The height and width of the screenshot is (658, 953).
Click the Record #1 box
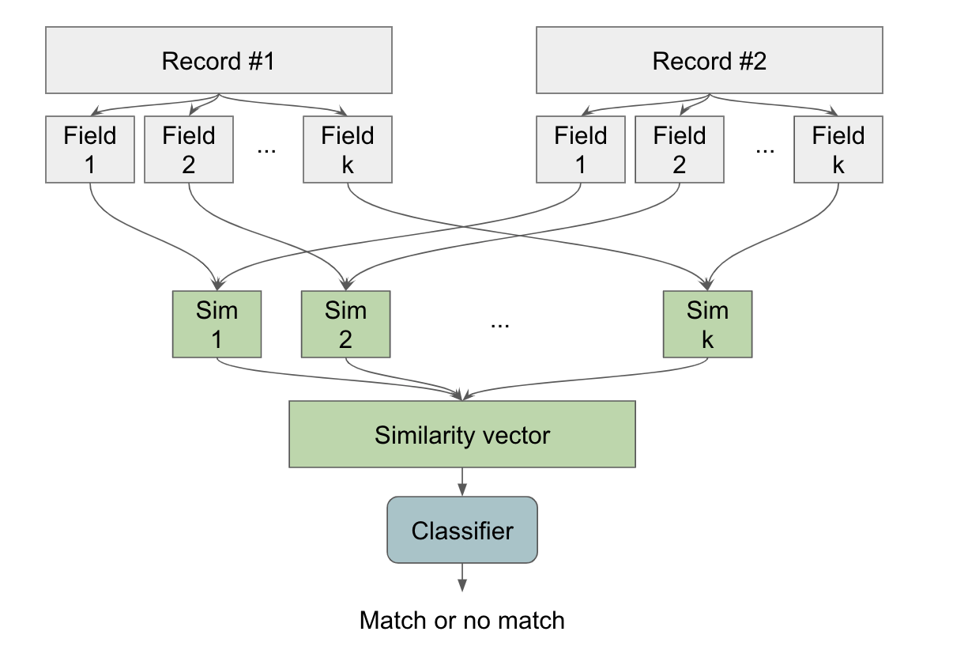coord(219,61)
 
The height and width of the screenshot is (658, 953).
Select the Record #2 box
coord(709,61)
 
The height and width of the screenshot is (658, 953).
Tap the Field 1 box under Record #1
coord(89,149)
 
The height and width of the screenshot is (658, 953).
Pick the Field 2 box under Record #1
coord(189,149)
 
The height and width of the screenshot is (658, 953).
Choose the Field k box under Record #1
coord(348,149)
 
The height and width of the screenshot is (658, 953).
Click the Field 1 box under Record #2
coord(580,149)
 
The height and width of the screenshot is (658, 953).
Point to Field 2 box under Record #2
coord(680,149)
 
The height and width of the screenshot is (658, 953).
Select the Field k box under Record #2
coord(838,149)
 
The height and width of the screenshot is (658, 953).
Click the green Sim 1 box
coord(217,323)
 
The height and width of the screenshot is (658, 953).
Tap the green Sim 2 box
coord(345,323)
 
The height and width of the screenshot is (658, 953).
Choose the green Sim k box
coord(707,323)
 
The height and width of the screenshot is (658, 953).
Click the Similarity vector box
coord(462,434)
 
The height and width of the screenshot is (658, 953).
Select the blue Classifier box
coord(462,530)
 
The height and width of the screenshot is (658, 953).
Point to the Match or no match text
coord(462,620)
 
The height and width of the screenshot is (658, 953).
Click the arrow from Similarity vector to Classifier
coord(462,481)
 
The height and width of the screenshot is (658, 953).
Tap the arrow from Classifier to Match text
coord(462,577)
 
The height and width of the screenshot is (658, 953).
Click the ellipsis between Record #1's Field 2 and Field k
coord(268,150)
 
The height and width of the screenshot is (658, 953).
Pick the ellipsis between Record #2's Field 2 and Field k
coord(765,150)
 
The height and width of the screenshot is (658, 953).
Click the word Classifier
coord(462,530)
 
